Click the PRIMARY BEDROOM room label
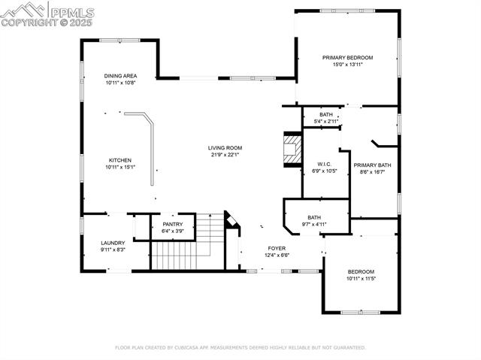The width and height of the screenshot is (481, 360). tap(347, 58)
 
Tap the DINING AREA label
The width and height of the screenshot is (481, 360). tap(120, 76)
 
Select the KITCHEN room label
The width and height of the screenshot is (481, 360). tap(120, 160)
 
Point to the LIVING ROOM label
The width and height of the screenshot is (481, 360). tap(225, 148)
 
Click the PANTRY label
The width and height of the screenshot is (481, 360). tap(173, 225)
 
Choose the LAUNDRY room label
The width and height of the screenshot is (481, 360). tap(113, 243)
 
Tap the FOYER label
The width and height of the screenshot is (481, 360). tap(277, 248)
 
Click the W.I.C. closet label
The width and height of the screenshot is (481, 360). tap(325, 165)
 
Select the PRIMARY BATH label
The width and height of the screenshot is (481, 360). tap(373, 165)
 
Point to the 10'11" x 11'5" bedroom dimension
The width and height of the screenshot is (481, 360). tap(361, 279)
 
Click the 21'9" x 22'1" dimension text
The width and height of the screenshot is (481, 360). tap(225, 155)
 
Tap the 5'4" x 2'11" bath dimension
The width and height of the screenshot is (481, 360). tap(326, 122)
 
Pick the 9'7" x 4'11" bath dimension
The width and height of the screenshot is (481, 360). tap(314, 225)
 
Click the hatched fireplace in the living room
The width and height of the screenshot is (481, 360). tap(292, 150)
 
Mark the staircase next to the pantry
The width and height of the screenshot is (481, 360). tap(188, 242)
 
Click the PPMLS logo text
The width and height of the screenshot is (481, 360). tap(72, 13)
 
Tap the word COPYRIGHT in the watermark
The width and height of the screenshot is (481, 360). tap(29, 23)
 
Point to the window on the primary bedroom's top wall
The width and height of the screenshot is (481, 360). tap(347, 11)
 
